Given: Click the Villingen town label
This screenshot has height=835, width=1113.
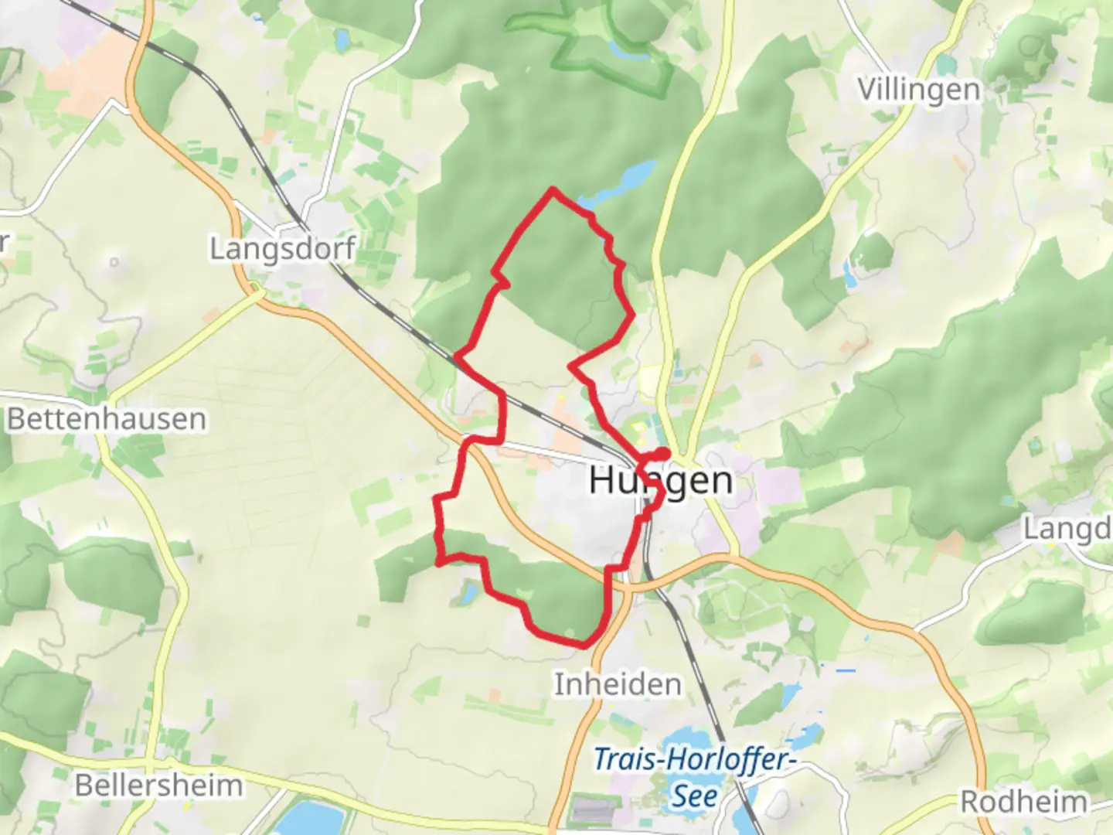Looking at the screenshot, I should click(x=919, y=90).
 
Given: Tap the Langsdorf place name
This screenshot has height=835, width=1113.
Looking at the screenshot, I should click(x=283, y=249).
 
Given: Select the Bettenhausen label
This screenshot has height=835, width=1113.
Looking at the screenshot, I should click(x=107, y=419).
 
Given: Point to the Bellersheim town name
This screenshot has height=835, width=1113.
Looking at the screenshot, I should click(x=159, y=786).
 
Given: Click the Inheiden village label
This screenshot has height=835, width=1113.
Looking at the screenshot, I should click(x=618, y=684).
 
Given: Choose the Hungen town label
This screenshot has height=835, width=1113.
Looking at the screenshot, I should click(x=661, y=480).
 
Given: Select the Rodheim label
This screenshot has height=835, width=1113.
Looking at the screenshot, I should click(x=1023, y=802).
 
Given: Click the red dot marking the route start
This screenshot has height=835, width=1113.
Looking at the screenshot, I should click(x=663, y=454).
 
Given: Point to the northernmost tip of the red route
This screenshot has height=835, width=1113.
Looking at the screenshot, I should click(x=552, y=189).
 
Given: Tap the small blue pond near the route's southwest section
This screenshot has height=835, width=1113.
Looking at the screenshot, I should click(x=468, y=594).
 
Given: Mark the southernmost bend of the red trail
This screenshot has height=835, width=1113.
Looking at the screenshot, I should click(x=585, y=644).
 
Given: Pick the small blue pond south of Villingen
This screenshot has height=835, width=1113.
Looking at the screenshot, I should click(x=850, y=271).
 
